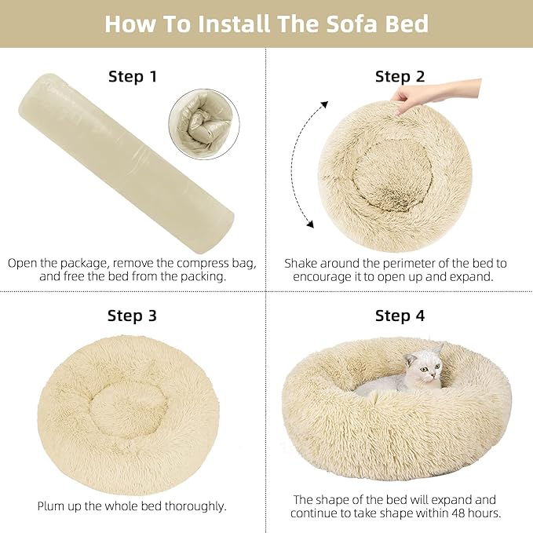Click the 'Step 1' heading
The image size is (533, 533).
[132, 77]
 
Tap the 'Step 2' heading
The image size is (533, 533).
[400, 77]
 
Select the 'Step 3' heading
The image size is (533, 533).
[132, 316]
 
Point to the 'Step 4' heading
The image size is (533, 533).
[400, 316]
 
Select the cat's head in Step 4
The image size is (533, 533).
[423, 367]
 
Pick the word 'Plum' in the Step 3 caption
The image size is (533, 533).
[54, 506]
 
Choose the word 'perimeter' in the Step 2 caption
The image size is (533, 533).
[400, 263]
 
